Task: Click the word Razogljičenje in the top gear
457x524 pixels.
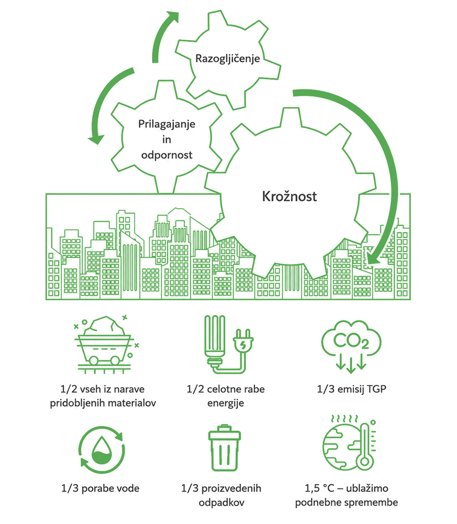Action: tap(227, 59)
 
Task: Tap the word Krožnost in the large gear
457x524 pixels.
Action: tap(289, 196)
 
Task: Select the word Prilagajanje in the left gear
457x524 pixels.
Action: tap(167, 124)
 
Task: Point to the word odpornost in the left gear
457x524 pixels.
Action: tap(167, 155)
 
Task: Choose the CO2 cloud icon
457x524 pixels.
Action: tap(351, 346)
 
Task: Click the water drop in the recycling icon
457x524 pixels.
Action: tap(102, 451)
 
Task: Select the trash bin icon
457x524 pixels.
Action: tap(224, 448)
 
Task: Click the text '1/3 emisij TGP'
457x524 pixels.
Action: tap(351, 389)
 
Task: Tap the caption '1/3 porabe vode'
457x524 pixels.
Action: tap(100, 488)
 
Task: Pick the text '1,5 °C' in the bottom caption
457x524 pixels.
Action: tap(319, 488)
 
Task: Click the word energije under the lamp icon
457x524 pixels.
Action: tap(225, 403)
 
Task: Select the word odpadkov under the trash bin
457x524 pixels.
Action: tap(221, 503)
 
